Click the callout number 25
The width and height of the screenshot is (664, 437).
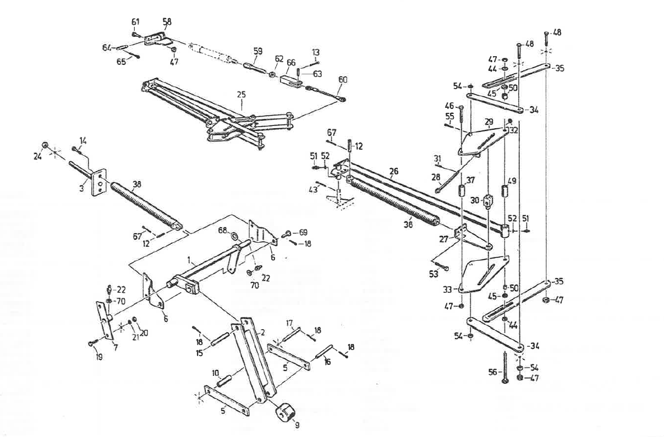pos(240,95)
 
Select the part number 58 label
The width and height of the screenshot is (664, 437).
pos(167,21)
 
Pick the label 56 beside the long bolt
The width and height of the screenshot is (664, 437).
pos(493,373)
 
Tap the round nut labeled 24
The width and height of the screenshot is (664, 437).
pos(47,145)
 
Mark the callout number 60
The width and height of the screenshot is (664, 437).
pos(343,79)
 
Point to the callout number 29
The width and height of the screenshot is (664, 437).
pos(489,121)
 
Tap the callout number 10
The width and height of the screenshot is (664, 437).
pos(216,373)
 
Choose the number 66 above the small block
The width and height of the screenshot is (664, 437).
pos(291,63)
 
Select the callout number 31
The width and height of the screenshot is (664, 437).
pos(437,159)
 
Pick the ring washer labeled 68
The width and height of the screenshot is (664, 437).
pos(234,237)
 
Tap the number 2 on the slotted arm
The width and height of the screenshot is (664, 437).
pos(262,332)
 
